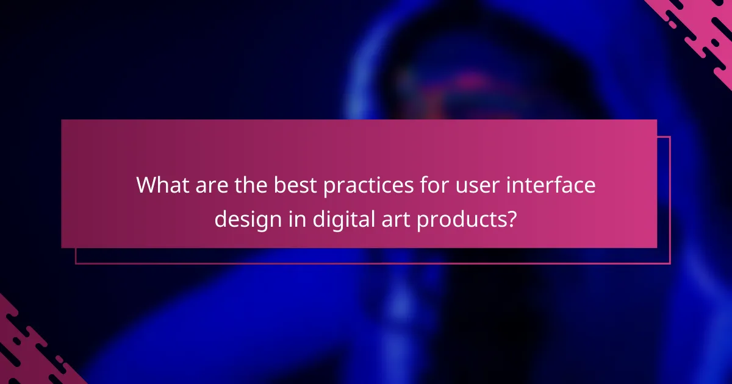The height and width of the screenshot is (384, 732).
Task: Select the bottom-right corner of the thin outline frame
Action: pos(670,263)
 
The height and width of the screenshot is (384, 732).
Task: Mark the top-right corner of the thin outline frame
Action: pos(670,137)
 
